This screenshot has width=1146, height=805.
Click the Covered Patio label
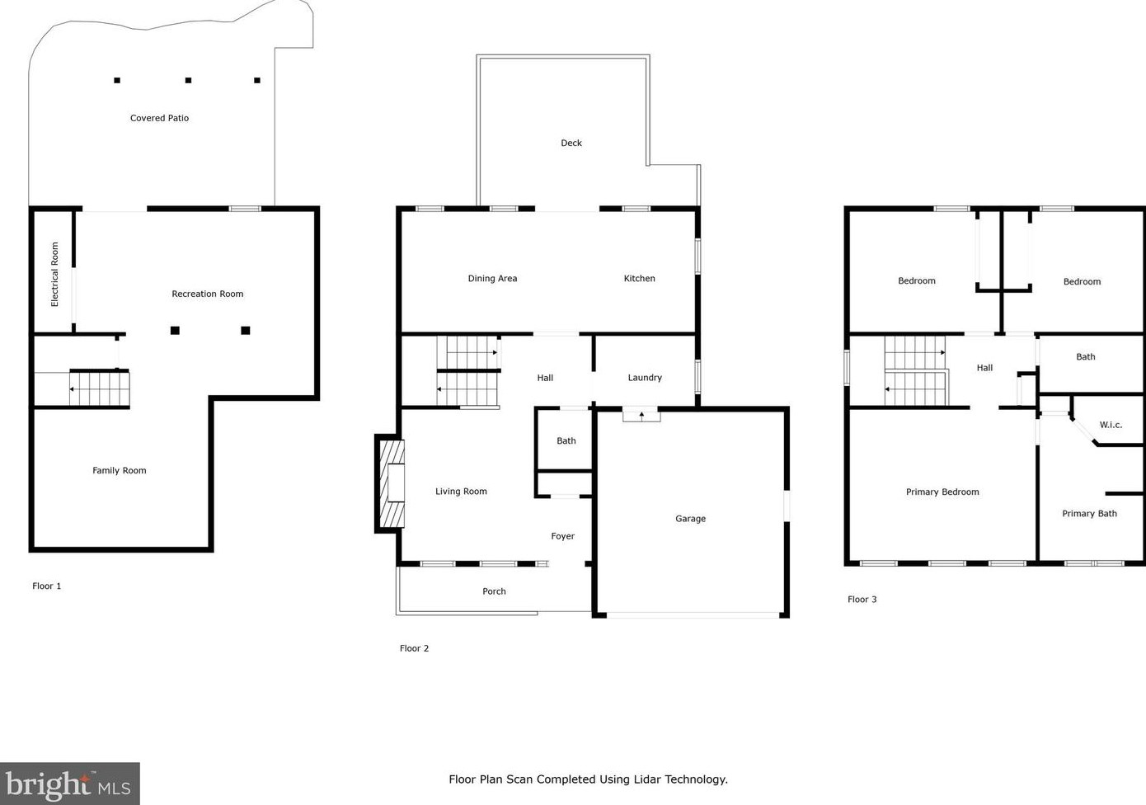tap(159, 118)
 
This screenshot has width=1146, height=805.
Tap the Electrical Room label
tap(55, 274)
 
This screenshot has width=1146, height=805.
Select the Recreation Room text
tap(207, 294)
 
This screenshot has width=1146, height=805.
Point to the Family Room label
tap(119, 470)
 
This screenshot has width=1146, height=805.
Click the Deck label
tap(571, 143)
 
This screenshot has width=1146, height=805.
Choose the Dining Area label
tap(492, 278)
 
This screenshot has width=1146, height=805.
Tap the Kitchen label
tap(639, 278)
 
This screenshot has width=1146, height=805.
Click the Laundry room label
tap(644, 377)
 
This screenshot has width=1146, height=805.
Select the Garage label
tap(690, 519)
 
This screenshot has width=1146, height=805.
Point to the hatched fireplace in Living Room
tap(392, 483)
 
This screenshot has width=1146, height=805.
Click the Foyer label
tap(562, 536)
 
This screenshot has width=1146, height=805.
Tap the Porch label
tap(494, 591)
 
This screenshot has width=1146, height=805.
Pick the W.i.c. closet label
tap(1111, 425)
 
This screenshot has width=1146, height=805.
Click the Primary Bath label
tap(1089, 513)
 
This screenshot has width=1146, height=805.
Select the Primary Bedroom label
tap(942, 492)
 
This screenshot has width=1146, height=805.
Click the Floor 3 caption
tap(862, 599)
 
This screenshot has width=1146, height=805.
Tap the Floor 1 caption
tap(46, 586)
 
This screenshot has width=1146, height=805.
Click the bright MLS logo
tap(69, 784)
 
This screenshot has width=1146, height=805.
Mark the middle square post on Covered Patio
tap(188, 80)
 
